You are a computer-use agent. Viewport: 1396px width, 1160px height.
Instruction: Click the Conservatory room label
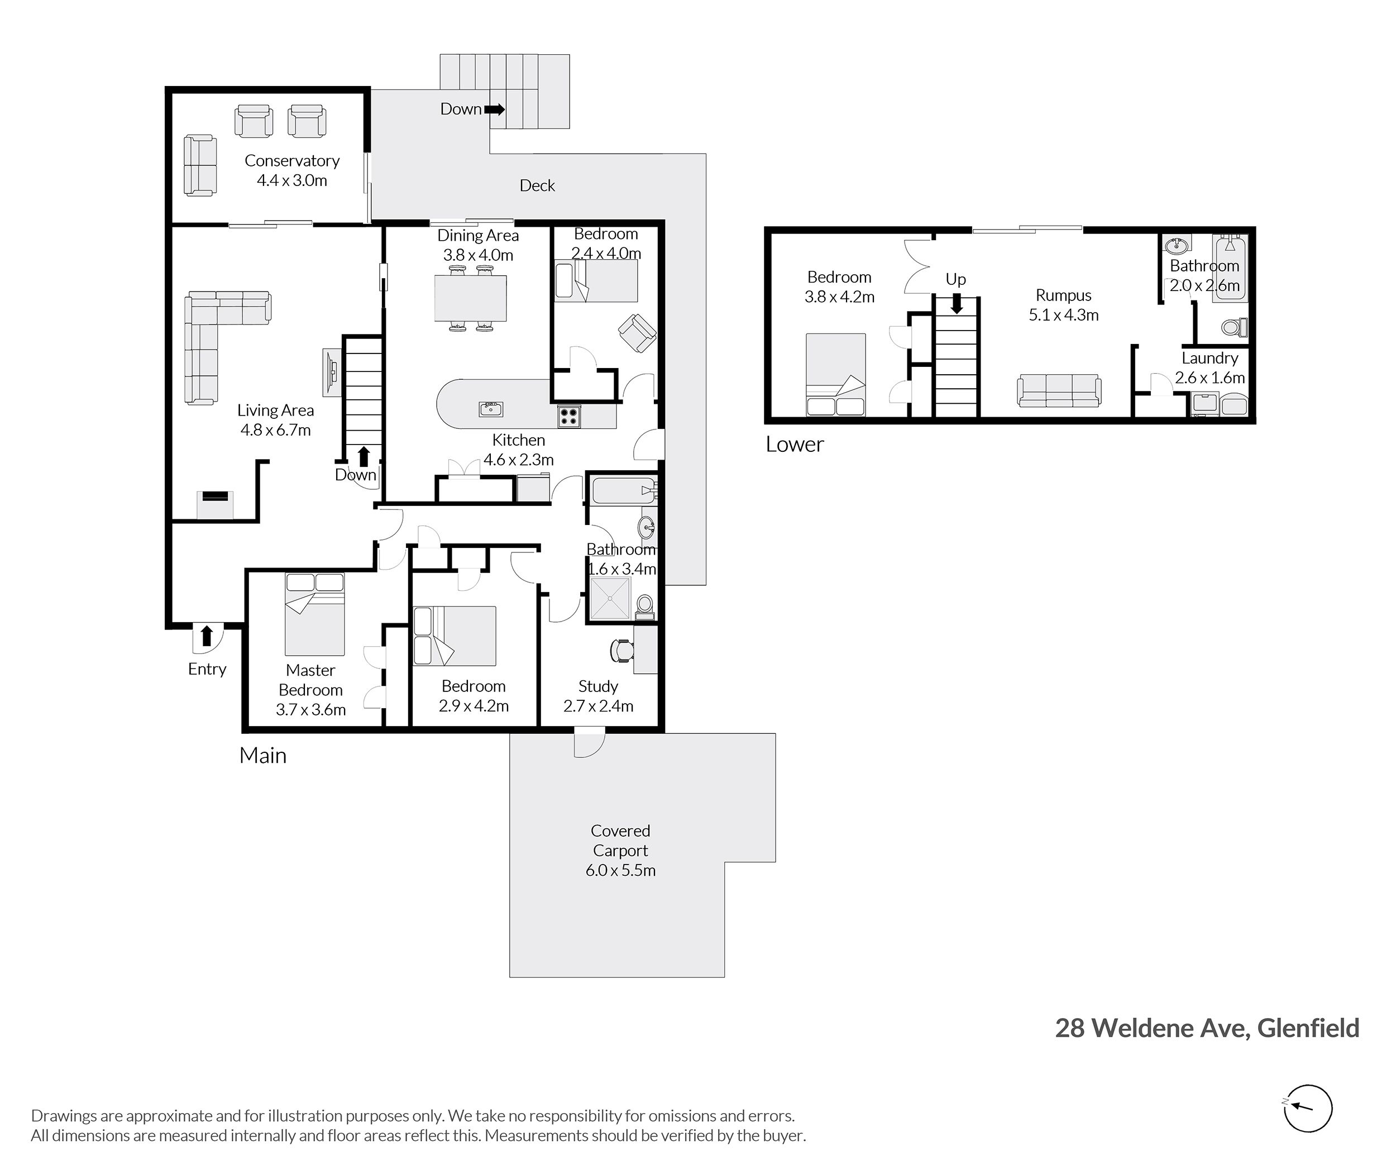292,161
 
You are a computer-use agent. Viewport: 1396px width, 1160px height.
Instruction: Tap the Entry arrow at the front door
207,636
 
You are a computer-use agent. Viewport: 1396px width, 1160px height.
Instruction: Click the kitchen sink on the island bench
491,409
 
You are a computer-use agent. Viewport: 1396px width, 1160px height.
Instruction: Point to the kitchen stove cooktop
568,417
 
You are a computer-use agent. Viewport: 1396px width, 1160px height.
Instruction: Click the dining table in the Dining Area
470,298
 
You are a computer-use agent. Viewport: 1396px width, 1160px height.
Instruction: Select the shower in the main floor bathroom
608,598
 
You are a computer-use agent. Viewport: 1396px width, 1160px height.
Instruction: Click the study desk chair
621,651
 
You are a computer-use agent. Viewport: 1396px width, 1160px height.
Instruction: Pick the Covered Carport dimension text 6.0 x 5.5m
620,870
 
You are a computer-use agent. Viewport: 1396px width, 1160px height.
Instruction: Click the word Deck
537,185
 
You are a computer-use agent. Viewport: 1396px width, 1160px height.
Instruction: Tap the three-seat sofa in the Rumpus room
1059,390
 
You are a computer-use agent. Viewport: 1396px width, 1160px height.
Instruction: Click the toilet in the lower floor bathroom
1235,328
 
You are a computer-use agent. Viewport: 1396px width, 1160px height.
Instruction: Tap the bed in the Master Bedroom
314,614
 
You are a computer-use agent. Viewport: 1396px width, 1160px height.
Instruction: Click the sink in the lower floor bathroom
1177,245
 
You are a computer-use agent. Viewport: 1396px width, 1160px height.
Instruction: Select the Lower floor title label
795,444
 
